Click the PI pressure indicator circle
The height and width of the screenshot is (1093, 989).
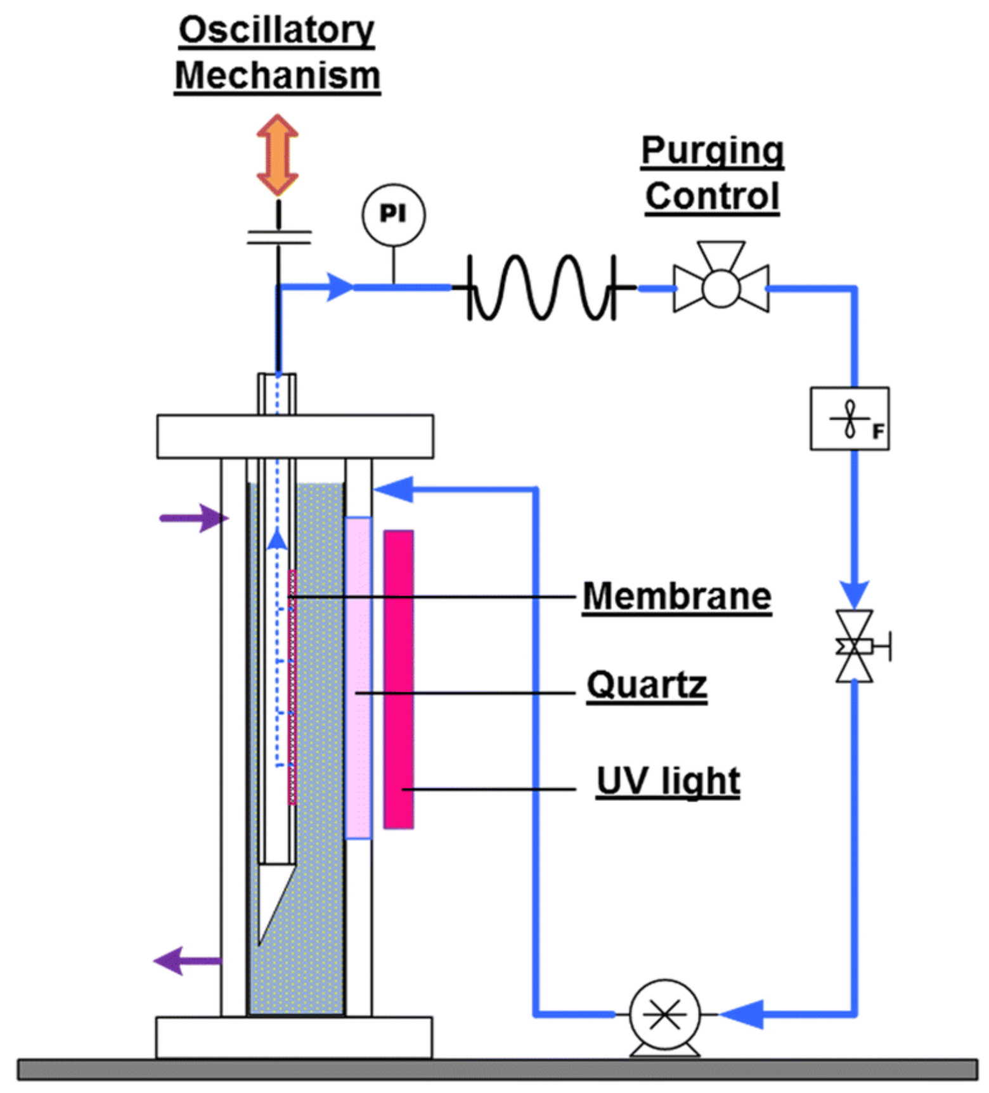pyautogui.click(x=393, y=215)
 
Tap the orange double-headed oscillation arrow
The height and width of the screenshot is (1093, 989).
pyautogui.click(x=277, y=155)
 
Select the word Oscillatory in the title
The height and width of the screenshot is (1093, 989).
pyautogui.click(x=277, y=30)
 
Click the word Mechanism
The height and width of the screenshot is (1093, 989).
pyautogui.click(x=277, y=76)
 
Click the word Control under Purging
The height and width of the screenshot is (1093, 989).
pyautogui.click(x=712, y=196)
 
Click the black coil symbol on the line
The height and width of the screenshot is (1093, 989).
pyautogui.click(x=542, y=287)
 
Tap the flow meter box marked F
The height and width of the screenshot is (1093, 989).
pyautogui.click(x=850, y=419)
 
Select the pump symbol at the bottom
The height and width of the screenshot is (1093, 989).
pyautogui.click(x=664, y=1014)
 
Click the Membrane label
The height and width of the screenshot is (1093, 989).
pyautogui.click(x=676, y=596)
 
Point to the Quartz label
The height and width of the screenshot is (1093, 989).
pyautogui.click(x=646, y=685)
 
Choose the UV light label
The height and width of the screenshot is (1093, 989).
pyautogui.click(x=668, y=781)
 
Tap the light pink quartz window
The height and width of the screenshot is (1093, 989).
pyautogui.click(x=358, y=678)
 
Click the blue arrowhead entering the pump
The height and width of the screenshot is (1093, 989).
pyautogui.click(x=743, y=1014)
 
